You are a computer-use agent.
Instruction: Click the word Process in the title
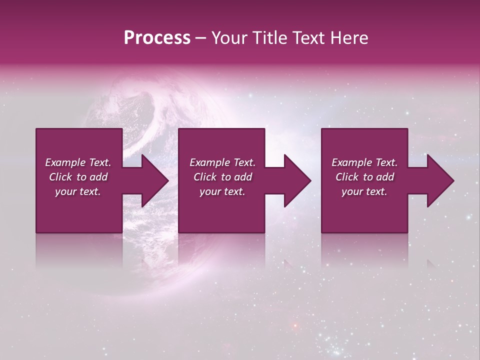coord(157,38)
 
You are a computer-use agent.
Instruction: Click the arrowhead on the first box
coord(153,180)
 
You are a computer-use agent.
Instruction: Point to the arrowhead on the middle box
coord(295,180)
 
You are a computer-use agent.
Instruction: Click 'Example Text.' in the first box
coord(78,162)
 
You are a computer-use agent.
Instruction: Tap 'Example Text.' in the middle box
coord(222,162)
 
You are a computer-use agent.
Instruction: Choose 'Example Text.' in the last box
coord(364,162)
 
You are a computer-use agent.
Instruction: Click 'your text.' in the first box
coord(78,191)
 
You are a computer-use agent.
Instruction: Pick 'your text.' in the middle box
coord(222,191)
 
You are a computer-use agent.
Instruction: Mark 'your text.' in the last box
coord(364,191)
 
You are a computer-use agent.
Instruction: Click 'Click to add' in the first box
coord(78,177)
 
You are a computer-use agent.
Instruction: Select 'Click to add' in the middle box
coord(222,177)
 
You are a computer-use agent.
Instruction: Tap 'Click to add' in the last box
coord(364,177)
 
